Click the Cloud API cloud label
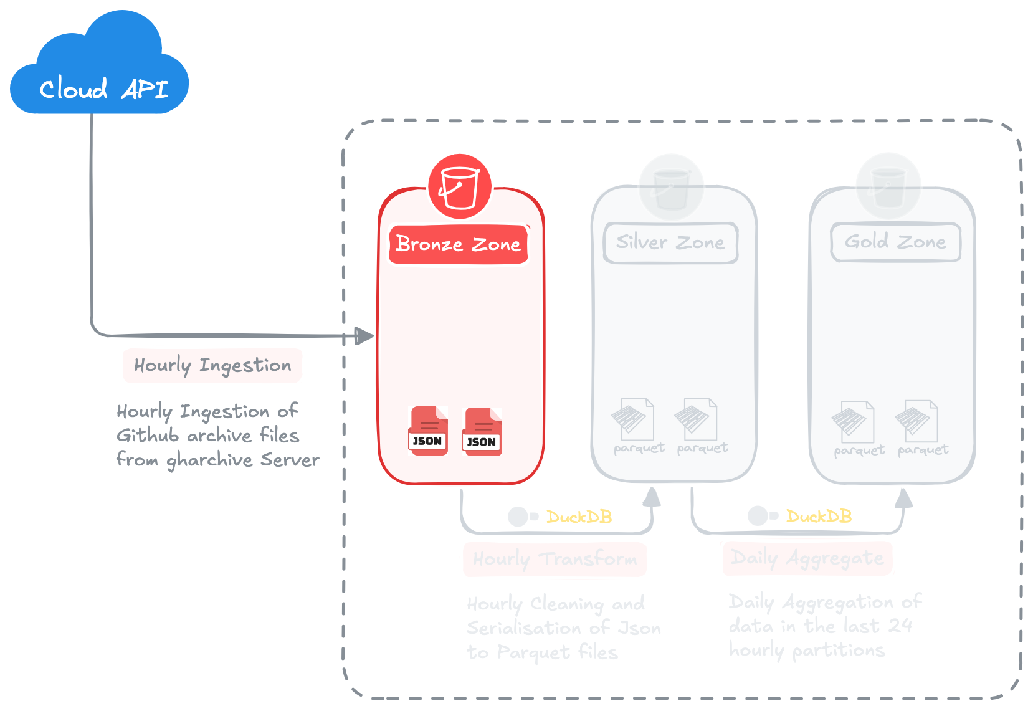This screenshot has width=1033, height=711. [103, 89]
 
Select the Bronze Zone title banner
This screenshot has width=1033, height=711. [459, 244]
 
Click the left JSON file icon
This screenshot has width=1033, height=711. [428, 431]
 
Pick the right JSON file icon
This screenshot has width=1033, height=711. [482, 431]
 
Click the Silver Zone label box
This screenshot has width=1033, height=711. [670, 242]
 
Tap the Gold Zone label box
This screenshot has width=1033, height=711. [895, 242]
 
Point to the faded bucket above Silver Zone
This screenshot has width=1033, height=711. [671, 186]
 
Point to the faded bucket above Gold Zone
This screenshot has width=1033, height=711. [888, 186]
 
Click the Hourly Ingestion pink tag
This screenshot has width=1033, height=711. [212, 365]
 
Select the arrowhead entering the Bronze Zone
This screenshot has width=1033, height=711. [364, 336]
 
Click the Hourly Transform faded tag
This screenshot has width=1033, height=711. [555, 559]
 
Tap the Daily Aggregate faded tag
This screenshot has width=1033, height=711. [807, 558]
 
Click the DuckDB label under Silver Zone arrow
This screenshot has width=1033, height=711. [579, 517]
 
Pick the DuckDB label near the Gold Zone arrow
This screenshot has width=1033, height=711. [819, 517]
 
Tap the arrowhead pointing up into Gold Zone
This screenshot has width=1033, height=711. [904, 499]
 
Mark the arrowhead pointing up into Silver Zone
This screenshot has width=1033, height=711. [652, 497]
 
